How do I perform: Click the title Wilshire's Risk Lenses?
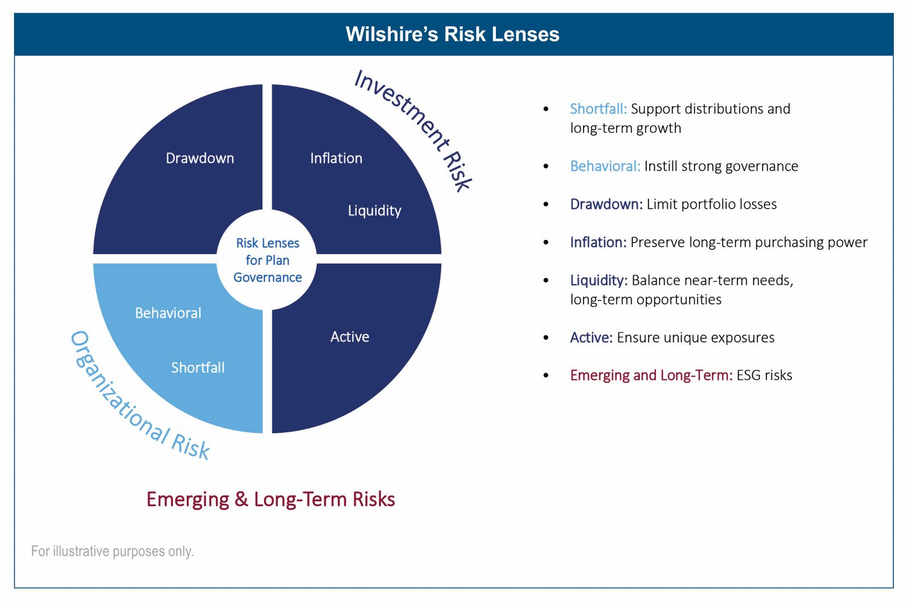(x=452, y=34)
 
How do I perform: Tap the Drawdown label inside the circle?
(x=200, y=158)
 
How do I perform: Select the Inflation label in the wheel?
(x=336, y=158)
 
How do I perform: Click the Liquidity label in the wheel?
(x=374, y=211)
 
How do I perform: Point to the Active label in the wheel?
(x=350, y=337)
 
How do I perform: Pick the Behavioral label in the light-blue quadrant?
(x=168, y=313)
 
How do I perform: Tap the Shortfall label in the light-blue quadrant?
(x=198, y=368)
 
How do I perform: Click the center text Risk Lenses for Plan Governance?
(x=268, y=260)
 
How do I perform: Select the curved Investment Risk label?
(x=413, y=129)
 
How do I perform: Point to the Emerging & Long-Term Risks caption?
(x=270, y=499)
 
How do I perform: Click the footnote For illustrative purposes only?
(x=112, y=551)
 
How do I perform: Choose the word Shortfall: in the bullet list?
(x=598, y=109)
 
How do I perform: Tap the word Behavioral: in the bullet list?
(x=605, y=166)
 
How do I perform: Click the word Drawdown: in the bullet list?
(x=606, y=204)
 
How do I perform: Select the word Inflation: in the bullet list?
(x=598, y=242)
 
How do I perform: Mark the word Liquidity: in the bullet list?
(x=598, y=280)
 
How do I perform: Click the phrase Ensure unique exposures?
(x=695, y=337)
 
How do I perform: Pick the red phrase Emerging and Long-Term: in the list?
(x=651, y=375)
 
